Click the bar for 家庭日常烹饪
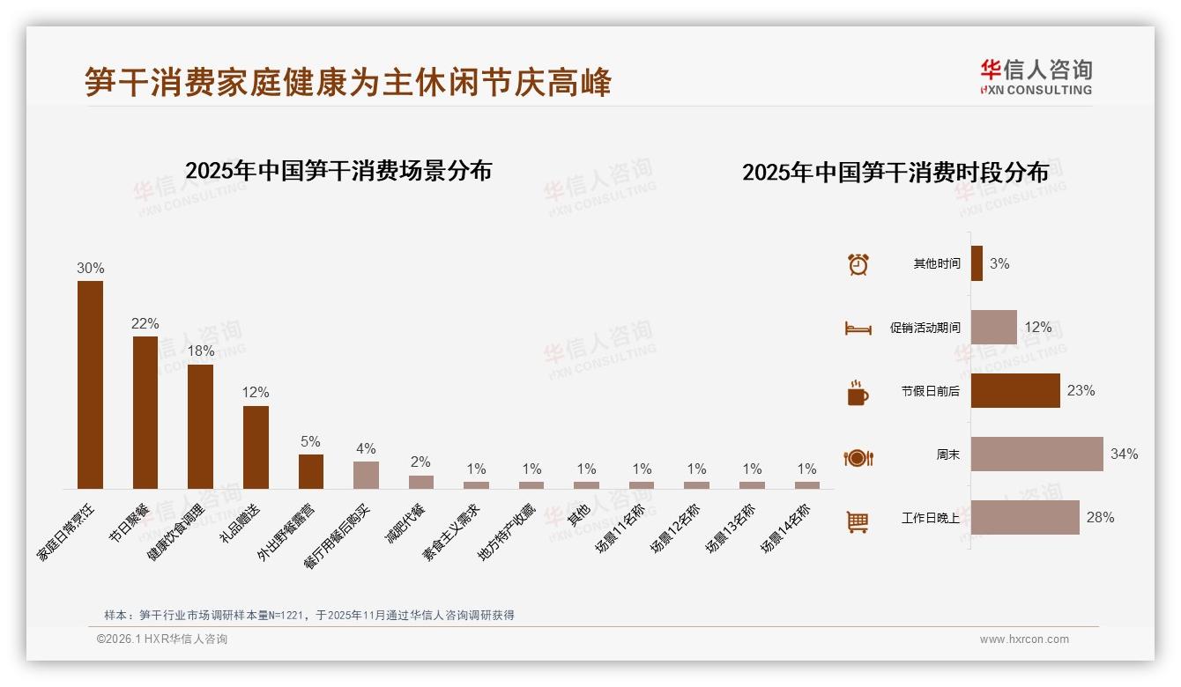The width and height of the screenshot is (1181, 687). [90, 385]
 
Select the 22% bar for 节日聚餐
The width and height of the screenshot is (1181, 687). [145, 412]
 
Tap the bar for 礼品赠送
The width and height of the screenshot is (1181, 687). [256, 447]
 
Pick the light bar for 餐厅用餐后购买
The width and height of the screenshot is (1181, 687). [366, 475]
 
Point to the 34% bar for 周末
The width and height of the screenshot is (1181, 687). [1036, 454]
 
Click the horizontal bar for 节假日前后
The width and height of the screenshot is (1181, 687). [1015, 390]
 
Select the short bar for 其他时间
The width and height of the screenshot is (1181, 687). [977, 263]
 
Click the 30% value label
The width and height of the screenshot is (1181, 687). [90, 268]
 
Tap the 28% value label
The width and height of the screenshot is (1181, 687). [1100, 517]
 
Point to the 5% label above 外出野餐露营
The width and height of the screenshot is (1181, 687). [310, 441]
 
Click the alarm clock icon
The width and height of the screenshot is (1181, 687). [858, 264]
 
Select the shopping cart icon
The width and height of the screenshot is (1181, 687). [858, 521]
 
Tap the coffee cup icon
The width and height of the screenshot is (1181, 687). [858, 393]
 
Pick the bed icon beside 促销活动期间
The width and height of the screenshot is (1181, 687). [858, 329]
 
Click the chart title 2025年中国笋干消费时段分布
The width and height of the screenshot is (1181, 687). [895, 172]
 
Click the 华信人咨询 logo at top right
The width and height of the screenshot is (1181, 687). [1036, 77]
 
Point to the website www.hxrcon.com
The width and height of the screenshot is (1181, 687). [1024, 639]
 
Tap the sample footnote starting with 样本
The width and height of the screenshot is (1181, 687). [308, 616]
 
